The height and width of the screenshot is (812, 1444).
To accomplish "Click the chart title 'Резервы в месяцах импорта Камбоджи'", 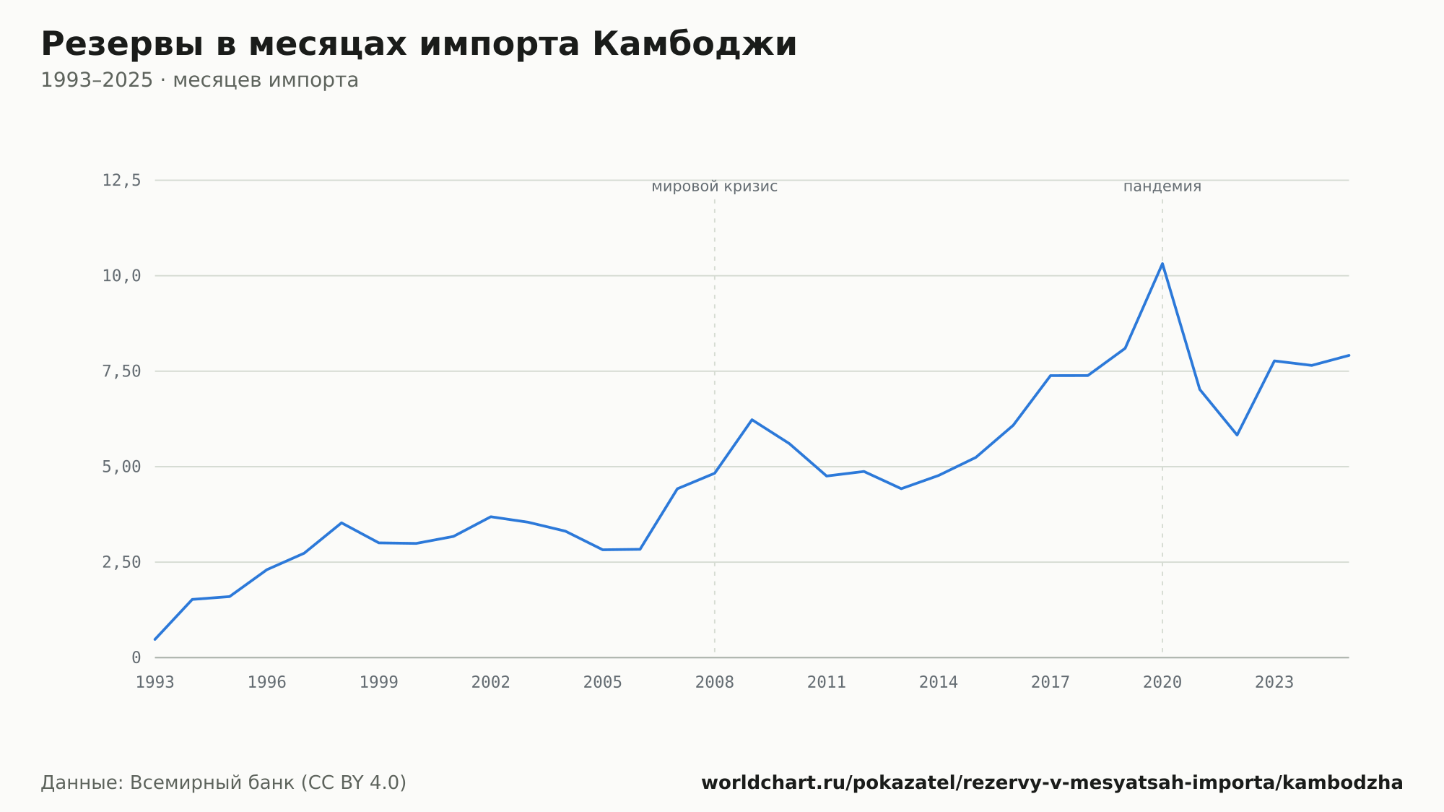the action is (x=419, y=45).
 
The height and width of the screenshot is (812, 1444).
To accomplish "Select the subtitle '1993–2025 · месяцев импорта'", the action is (x=199, y=80).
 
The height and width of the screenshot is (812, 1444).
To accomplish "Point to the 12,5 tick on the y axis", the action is (x=121, y=181).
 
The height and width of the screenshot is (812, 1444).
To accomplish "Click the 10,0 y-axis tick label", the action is (x=121, y=276).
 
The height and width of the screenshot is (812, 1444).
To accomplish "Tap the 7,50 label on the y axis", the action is (x=121, y=371).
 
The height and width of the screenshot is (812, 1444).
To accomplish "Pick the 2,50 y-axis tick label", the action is (x=121, y=562).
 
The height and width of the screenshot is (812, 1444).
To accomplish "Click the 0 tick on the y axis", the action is (x=136, y=657).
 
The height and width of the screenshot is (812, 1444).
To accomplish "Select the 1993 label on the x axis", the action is (x=155, y=683).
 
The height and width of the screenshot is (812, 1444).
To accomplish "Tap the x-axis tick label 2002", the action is (x=491, y=683).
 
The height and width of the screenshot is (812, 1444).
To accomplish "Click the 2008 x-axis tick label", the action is (x=715, y=683).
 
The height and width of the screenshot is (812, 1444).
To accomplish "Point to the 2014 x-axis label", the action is (x=939, y=683).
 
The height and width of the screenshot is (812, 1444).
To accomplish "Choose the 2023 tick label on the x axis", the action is (x=1274, y=683).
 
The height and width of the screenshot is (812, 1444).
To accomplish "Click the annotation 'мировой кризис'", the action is (x=715, y=186).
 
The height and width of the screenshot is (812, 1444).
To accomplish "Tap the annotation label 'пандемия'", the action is (x=1162, y=186).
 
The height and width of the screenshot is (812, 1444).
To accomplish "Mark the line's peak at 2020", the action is (x=1162, y=263).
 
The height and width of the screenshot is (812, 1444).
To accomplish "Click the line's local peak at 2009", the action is (x=752, y=420).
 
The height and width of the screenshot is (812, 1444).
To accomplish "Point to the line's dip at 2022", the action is (x=1237, y=435).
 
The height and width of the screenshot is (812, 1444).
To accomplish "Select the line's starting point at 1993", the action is (x=155, y=639).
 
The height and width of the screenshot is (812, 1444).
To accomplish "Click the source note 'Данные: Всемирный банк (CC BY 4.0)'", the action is (x=224, y=782).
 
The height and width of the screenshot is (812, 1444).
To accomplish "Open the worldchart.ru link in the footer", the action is (x=1052, y=782).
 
